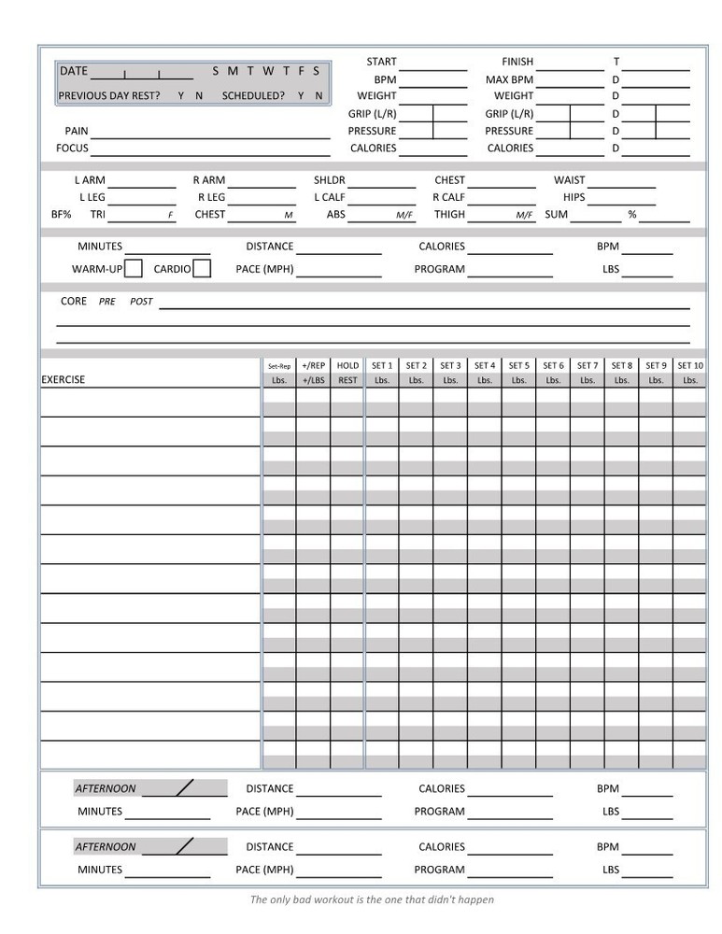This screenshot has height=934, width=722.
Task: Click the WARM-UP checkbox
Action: pyautogui.click(x=134, y=269)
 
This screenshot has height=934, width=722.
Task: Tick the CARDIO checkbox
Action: pyautogui.click(x=202, y=269)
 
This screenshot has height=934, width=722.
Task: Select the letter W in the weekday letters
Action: pyautogui.click(x=268, y=71)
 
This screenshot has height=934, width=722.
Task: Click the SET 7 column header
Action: pyautogui.click(x=588, y=366)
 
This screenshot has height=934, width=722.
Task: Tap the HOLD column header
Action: pyautogui.click(x=347, y=366)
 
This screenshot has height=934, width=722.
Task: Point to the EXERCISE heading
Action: pyautogui.click(x=63, y=380)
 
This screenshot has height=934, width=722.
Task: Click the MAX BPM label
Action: pyautogui.click(x=509, y=79)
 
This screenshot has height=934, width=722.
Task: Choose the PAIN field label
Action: pyautogui.click(x=77, y=132)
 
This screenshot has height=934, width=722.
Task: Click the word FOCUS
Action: pyautogui.click(x=72, y=149)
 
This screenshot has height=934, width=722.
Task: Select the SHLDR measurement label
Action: pyautogui.click(x=329, y=180)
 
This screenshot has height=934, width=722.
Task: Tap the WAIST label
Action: pyautogui.click(x=570, y=180)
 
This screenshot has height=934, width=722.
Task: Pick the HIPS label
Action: pyautogui.click(x=573, y=198)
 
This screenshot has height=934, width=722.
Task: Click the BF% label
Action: pyautogui.click(x=62, y=215)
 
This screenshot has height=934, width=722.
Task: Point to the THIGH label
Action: pyautogui.click(x=449, y=215)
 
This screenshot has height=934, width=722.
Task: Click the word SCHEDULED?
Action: pyautogui.click(x=253, y=96)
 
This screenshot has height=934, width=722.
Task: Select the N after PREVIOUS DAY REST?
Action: pyautogui.click(x=199, y=96)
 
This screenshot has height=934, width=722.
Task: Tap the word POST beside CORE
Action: pyautogui.click(x=141, y=303)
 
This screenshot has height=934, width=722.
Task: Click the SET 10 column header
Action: pyautogui.click(x=690, y=366)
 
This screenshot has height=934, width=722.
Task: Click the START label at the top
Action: pyautogui.click(x=381, y=62)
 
